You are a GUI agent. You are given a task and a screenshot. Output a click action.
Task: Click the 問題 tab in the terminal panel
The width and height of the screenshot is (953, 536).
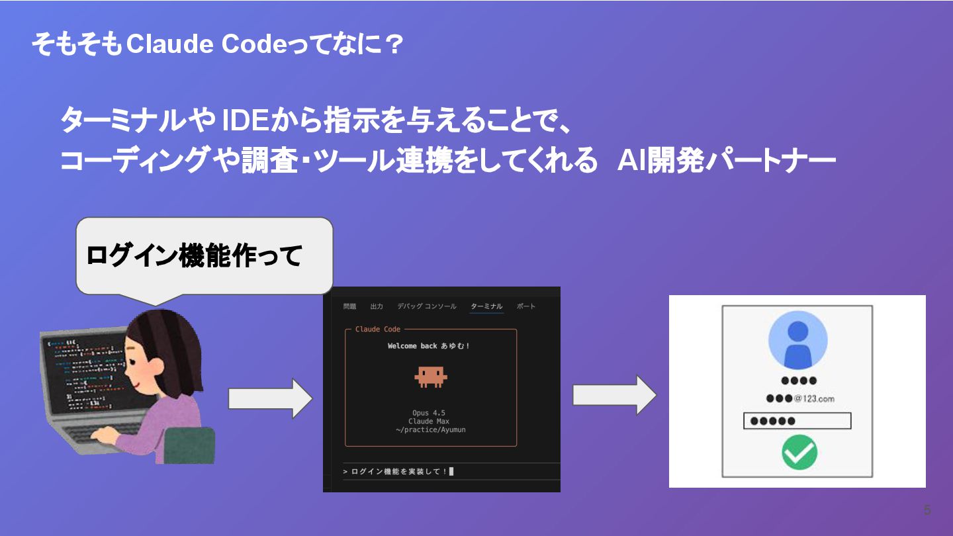349,306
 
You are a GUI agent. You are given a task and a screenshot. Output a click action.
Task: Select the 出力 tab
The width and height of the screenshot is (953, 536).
377,306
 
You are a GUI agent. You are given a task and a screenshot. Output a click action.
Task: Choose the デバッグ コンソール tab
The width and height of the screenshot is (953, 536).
426,306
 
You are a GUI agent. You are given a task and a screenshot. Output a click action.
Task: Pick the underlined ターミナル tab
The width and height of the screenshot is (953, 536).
486,306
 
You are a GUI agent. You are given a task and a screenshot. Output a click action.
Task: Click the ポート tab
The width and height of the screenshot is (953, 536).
526,306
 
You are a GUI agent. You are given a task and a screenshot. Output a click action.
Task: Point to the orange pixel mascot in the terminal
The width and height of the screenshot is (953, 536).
431,376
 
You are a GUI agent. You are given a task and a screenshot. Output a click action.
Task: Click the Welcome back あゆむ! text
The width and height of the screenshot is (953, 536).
429,346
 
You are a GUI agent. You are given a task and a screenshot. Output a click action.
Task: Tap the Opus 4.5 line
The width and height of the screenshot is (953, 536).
429,413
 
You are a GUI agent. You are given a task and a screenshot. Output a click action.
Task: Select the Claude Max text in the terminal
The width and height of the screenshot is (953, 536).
429,422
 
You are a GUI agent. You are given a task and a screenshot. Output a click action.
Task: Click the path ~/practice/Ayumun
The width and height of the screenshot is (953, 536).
429,430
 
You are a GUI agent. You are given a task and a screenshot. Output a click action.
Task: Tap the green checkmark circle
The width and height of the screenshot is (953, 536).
799,453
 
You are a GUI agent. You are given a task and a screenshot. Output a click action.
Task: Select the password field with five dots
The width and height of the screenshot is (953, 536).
797,421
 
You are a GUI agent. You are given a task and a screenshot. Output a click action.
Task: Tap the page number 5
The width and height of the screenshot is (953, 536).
927,510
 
